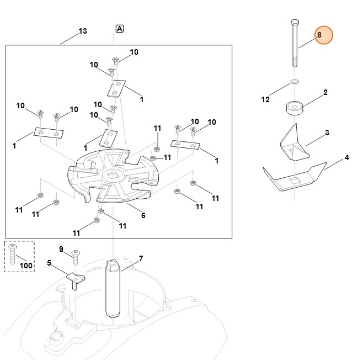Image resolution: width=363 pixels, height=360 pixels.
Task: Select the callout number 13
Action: (82, 31)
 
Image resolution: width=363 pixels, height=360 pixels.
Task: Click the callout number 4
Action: (346, 158)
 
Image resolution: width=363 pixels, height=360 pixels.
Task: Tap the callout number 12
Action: (265, 99)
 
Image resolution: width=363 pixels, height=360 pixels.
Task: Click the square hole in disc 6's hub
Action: (115, 174)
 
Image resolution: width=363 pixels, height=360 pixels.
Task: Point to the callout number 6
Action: (143, 215)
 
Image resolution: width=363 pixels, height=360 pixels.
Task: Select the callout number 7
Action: (141, 258)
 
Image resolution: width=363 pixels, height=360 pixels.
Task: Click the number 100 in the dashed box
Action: (26, 266)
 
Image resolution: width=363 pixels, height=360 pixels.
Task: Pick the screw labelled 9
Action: (76, 255)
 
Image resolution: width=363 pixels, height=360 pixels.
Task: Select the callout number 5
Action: (49, 263)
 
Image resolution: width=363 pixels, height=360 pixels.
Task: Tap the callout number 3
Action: (327, 133)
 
